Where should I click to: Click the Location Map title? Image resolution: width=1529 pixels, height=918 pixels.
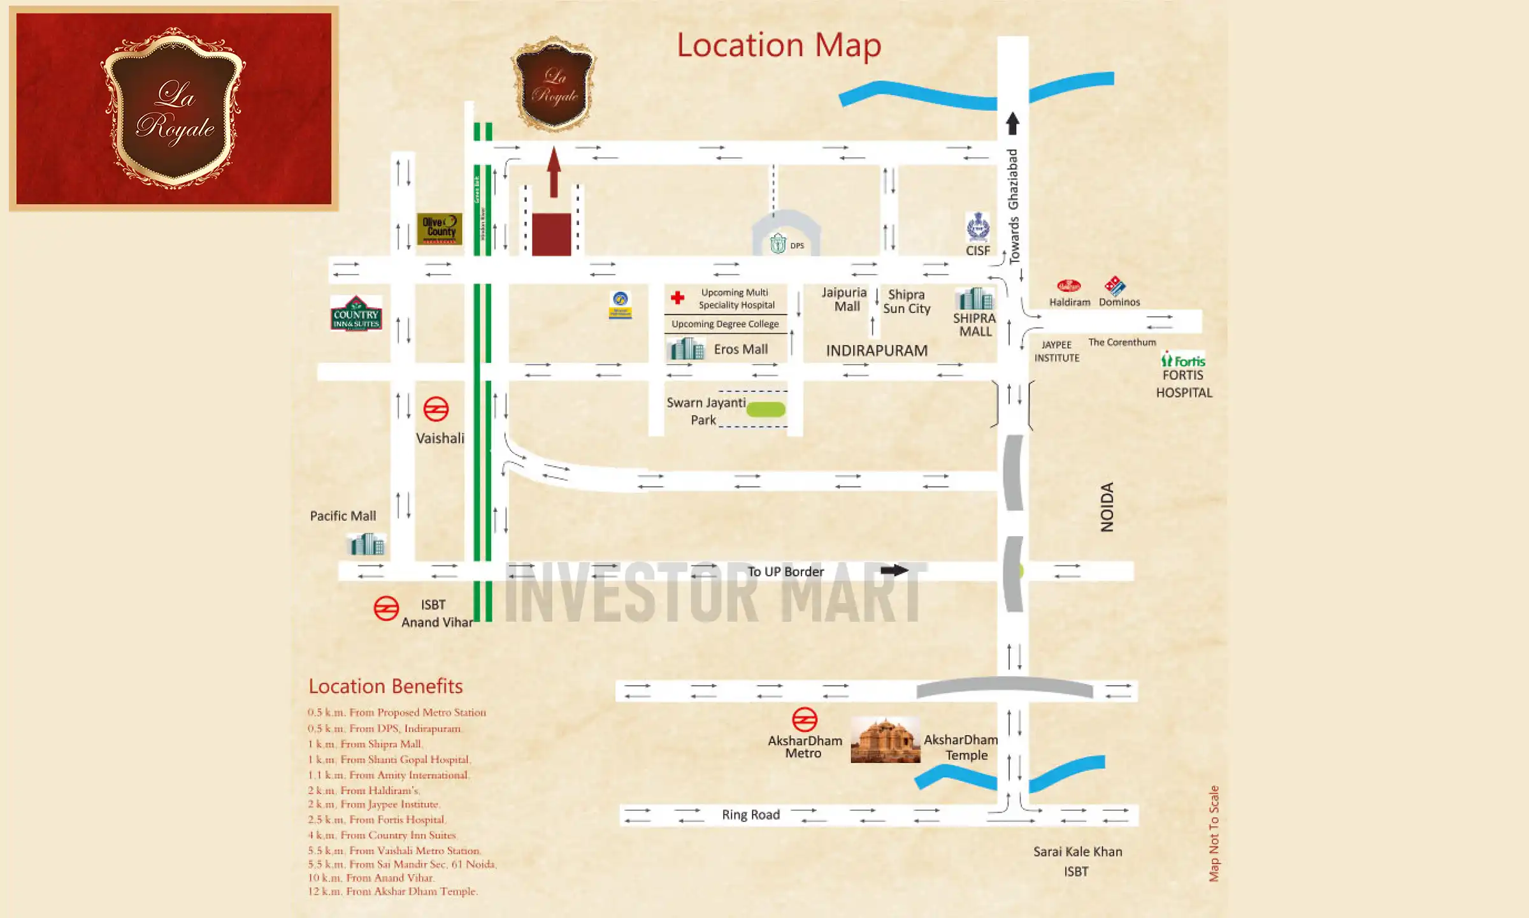click(779, 46)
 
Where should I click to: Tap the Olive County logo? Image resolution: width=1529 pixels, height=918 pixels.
click(439, 228)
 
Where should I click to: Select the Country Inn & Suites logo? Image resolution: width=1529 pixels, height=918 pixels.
click(356, 314)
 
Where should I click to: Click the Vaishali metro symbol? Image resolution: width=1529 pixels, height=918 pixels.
click(436, 409)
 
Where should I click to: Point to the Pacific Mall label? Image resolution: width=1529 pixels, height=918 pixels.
click(343, 516)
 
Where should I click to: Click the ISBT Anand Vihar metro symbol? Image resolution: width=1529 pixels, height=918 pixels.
click(386, 608)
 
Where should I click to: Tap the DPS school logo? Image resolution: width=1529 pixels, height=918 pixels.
click(778, 244)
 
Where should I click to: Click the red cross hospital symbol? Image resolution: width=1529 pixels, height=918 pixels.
click(677, 297)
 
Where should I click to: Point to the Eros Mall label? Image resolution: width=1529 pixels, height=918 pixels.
click(740, 349)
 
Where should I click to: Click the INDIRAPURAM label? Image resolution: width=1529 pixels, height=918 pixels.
click(877, 351)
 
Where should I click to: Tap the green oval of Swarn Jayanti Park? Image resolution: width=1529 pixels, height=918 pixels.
click(765, 409)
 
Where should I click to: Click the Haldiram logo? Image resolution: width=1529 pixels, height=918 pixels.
click(1068, 286)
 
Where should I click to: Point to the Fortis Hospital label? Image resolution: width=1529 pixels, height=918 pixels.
click(1184, 383)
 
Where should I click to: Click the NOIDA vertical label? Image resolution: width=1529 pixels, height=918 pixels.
click(1107, 507)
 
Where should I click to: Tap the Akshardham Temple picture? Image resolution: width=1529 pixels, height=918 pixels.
click(886, 739)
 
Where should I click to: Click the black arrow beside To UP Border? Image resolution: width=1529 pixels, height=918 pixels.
click(894, 570)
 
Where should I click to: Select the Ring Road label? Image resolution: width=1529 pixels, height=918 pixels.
click(750, 815)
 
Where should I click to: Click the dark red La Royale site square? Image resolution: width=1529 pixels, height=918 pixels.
click(551, 235)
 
